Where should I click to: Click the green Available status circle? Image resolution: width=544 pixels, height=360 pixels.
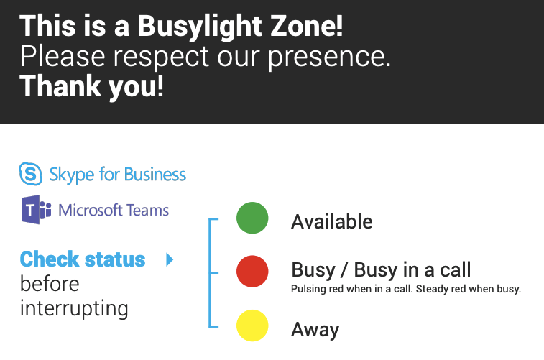(x=252, y=218)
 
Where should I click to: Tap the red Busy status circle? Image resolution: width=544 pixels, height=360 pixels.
(x=252, y=271)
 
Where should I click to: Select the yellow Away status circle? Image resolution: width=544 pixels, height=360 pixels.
(x=252, y=326)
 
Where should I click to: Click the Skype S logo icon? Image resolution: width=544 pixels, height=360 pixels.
(x=30, y=173)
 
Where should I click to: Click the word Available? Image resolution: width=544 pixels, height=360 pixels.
(x=332, y=221)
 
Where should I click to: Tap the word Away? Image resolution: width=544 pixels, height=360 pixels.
(x=315, y=330)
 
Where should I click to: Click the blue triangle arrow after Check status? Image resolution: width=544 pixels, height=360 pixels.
(x=170, y=259)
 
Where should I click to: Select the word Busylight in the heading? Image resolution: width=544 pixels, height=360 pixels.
(x=200, y=27)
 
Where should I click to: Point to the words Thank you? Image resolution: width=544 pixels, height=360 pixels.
(x=91, y=86)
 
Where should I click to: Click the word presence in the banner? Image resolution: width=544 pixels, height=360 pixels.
(x=329, y=57)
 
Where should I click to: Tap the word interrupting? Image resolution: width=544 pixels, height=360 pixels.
(x=74, y=309)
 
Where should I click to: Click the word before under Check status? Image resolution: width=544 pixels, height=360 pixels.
(x=50, y=284)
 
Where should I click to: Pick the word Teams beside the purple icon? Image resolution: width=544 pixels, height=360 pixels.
(x=147, y=210)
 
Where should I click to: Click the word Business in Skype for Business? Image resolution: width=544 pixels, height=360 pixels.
(x=155, y=174)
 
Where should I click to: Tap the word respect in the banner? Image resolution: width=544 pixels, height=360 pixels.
(x=161, y=57)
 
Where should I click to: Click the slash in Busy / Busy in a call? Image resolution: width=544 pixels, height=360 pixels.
(x=344, y=270)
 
